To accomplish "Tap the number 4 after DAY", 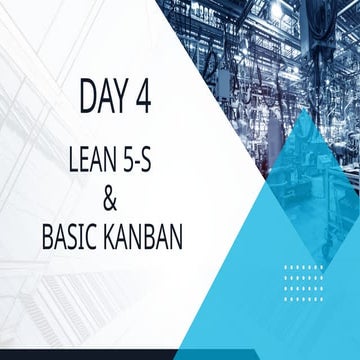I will [151, 98].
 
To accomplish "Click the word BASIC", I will [71, 238].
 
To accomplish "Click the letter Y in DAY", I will [126, 98].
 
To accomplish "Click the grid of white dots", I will [303, 281].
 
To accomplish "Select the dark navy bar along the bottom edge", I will [150, 355].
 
